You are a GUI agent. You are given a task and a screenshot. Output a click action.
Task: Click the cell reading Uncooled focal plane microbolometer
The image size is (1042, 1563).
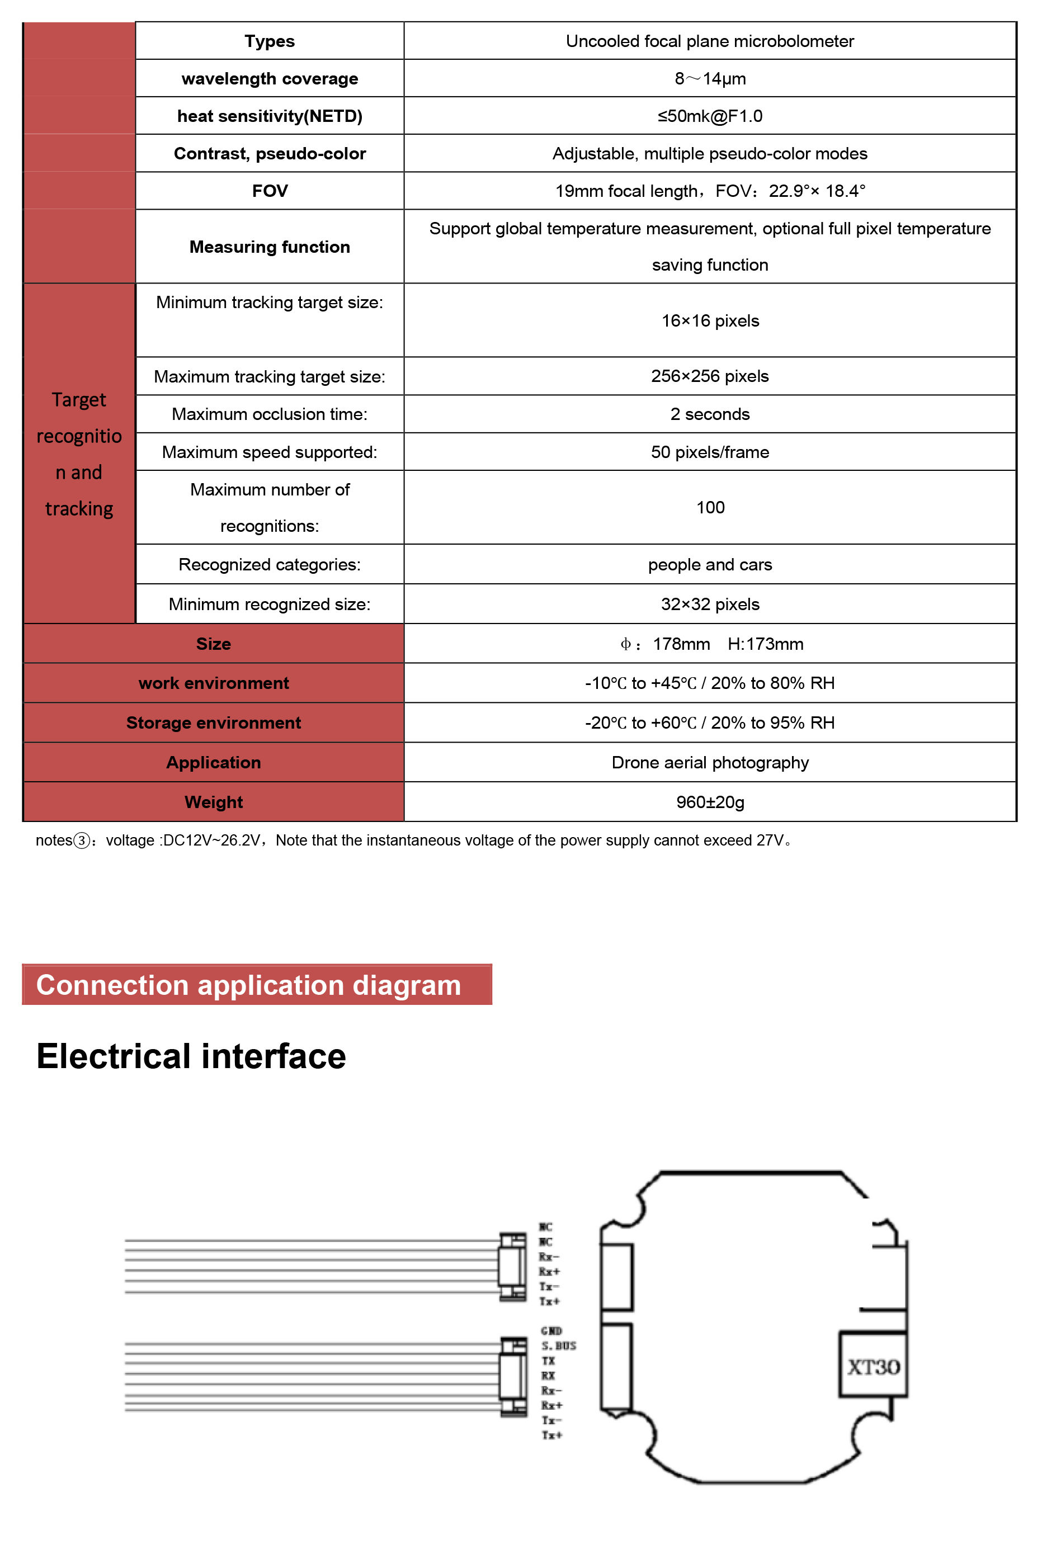(709, 41)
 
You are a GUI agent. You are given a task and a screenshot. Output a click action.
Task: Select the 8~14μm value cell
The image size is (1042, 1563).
(709, 78)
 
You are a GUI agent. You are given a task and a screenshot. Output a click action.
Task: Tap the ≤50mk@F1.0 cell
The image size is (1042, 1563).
(709, 116)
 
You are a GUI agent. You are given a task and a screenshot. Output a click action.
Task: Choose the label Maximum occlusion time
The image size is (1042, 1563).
(269, 414)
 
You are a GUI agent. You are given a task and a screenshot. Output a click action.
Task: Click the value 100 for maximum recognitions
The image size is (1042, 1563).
(709, 508)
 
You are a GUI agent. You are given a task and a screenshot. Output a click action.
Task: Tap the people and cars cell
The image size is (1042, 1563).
(709, 565)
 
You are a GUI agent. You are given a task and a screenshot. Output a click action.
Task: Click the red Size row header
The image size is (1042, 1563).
(213, 644)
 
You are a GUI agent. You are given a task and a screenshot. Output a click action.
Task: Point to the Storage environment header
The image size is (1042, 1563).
(213, 723)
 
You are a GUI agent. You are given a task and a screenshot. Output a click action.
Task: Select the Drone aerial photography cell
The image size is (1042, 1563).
(709, 763)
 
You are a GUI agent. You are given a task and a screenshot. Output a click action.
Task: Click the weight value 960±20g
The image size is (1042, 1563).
(709, 802)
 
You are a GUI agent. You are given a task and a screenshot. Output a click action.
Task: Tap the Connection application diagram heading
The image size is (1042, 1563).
(248, 985)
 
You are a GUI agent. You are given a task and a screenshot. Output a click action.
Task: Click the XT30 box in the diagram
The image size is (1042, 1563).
(873, 1367)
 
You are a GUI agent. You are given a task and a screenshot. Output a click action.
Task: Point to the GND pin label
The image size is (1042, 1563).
(551, 1331)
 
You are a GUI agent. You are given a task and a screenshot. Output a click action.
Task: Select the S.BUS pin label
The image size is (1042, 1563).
(558, 1346)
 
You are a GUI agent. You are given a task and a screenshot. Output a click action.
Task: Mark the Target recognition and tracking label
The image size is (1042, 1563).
(79, 454)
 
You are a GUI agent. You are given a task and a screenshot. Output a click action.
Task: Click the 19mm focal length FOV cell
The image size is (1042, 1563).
(709, 191)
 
